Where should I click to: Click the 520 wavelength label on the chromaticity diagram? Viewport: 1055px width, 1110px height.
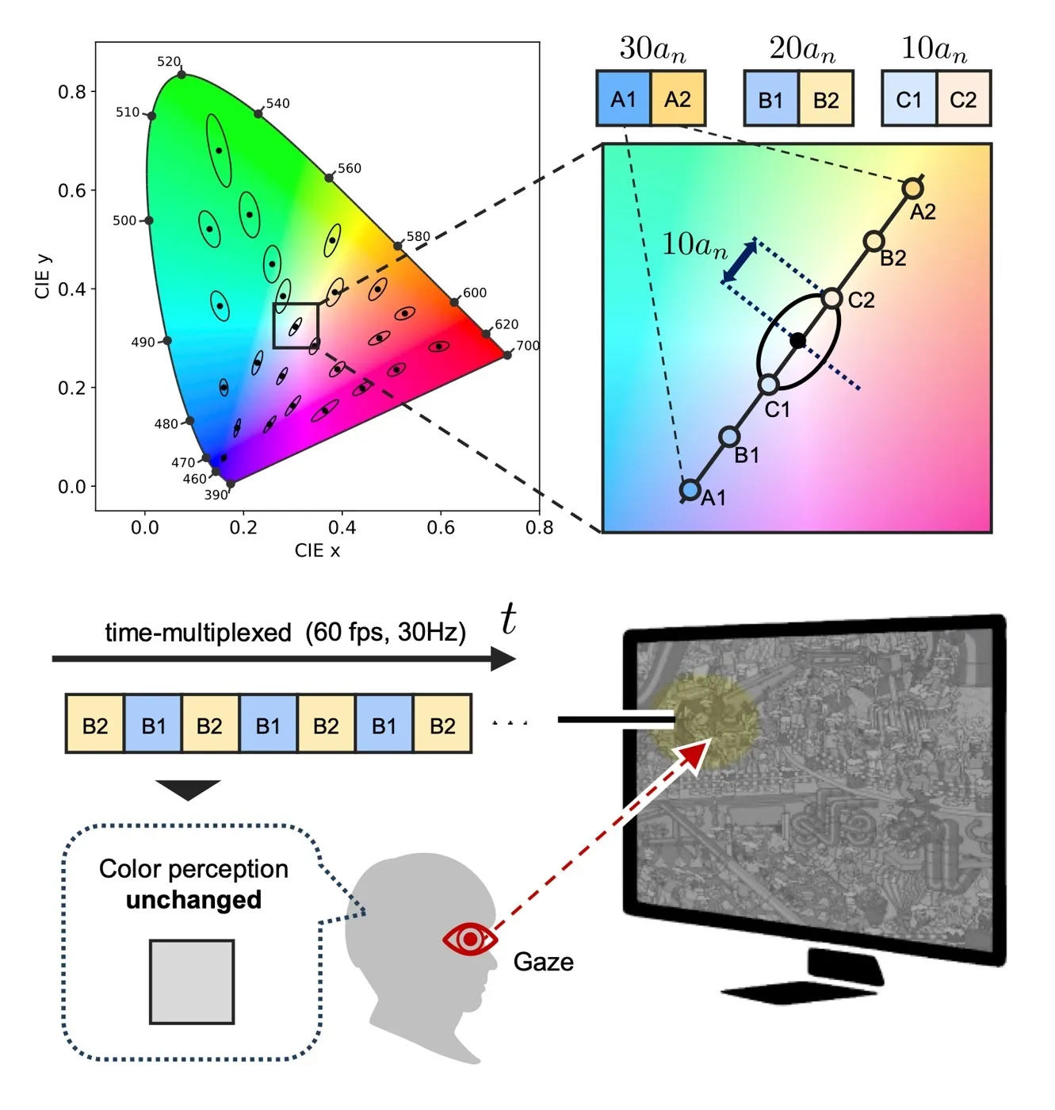click(169, 61)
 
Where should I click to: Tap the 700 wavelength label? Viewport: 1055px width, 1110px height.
click(528, 346)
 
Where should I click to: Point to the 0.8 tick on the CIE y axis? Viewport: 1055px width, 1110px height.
click(72, 92)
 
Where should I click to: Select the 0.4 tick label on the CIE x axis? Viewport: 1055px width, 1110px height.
click(342, 527)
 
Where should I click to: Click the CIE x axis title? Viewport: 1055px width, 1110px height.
click(317, 550)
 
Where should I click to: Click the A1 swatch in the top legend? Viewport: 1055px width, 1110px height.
click(624, 98)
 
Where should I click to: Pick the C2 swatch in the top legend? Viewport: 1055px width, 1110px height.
click(963, 98)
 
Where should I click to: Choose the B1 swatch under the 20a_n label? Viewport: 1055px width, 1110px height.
click(770, 98)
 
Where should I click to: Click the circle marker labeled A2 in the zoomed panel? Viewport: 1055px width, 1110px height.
click(913, 188)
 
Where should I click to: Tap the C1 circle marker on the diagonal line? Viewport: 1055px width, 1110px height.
click(769, 385)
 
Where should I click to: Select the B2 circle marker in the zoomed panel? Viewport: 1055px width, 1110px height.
click(873, 242)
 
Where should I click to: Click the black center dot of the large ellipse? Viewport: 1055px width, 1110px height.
click(797, 340)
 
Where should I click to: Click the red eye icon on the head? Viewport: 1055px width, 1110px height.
click(470, 940)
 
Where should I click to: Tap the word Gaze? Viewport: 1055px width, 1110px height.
click(543, 962)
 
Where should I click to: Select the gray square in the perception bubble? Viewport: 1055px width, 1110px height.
click(192, 982)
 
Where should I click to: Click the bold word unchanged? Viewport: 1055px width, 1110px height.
click(193, 899)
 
